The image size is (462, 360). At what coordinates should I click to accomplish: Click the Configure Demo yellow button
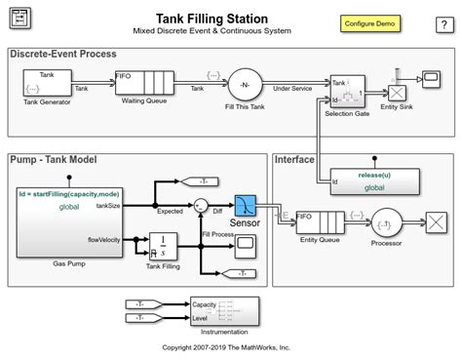click(369, 21)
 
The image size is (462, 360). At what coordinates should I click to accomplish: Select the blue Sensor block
click(246, 206)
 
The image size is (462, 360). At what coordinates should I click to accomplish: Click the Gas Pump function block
click(67, 220)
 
